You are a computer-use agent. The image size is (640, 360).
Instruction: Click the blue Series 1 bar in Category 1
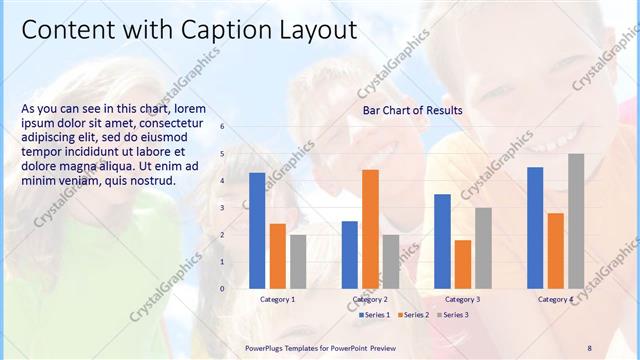click(257, 231)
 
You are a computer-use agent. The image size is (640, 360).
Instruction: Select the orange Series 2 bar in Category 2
click(370, 229)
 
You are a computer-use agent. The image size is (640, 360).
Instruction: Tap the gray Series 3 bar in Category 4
click(576, 221)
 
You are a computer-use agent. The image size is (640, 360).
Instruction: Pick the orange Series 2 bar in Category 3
click(463, 264)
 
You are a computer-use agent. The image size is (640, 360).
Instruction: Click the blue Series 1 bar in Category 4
click(535, 228)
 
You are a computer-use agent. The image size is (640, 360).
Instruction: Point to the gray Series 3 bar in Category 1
click(298, 262)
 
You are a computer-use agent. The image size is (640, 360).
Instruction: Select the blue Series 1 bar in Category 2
click(349, 255)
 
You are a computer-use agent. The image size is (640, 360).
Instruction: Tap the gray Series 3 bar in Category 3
click(483, 248)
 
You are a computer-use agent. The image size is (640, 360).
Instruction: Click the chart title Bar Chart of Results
click(412, 110)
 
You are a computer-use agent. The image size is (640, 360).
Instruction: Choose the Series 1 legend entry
click(376, 315)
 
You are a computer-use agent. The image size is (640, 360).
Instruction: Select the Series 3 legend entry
click(455, 315)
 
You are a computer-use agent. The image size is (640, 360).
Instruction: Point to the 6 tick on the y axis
click(222, 127)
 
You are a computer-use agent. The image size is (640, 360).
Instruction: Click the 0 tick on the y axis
click(222, 289)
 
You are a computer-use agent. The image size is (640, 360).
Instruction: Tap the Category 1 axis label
click(277, 299)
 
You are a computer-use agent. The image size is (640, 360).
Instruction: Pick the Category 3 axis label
click(463, 299)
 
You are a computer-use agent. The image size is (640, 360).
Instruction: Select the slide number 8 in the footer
click(589, 347)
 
